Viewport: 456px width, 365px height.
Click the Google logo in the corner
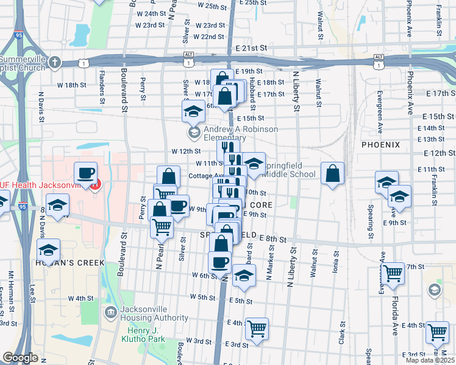pos(20,357)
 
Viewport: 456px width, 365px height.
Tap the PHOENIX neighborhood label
pos(380,145)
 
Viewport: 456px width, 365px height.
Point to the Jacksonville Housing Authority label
pos(154,313)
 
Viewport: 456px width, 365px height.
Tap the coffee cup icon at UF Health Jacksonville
pos(85,173)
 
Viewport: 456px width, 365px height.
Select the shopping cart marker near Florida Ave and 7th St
pos(393,274)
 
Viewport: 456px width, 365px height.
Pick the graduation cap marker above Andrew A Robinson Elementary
pos(194,111)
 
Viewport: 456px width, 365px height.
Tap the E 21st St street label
pos(251,47)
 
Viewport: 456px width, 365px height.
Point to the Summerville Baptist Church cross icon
pos(55,62)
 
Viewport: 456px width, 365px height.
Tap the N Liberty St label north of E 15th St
pos(296,91)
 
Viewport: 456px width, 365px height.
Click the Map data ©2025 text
pos(430,360)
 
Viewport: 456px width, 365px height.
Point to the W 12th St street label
pos(186,151)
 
